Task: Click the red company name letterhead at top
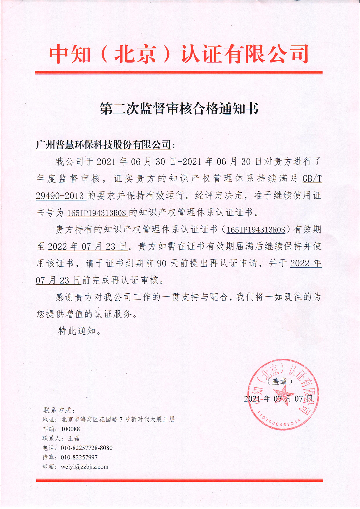pos(179,54)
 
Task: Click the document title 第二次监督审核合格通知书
pos(179,109)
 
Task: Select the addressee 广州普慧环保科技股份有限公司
pos(104,144)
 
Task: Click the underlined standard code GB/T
pos(312,179)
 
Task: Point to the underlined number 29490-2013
pos(60,196)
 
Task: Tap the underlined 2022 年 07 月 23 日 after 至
pos(88,247)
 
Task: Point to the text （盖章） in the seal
pos(280,381)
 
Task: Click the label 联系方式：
pos(59,410)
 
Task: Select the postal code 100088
pos(71,429)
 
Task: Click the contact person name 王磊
pos(73,438)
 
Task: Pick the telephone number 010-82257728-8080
pos(87,448)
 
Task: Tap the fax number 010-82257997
pos(79,457)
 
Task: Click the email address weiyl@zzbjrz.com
pos(84,467)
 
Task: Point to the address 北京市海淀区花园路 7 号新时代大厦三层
pos(118,419)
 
